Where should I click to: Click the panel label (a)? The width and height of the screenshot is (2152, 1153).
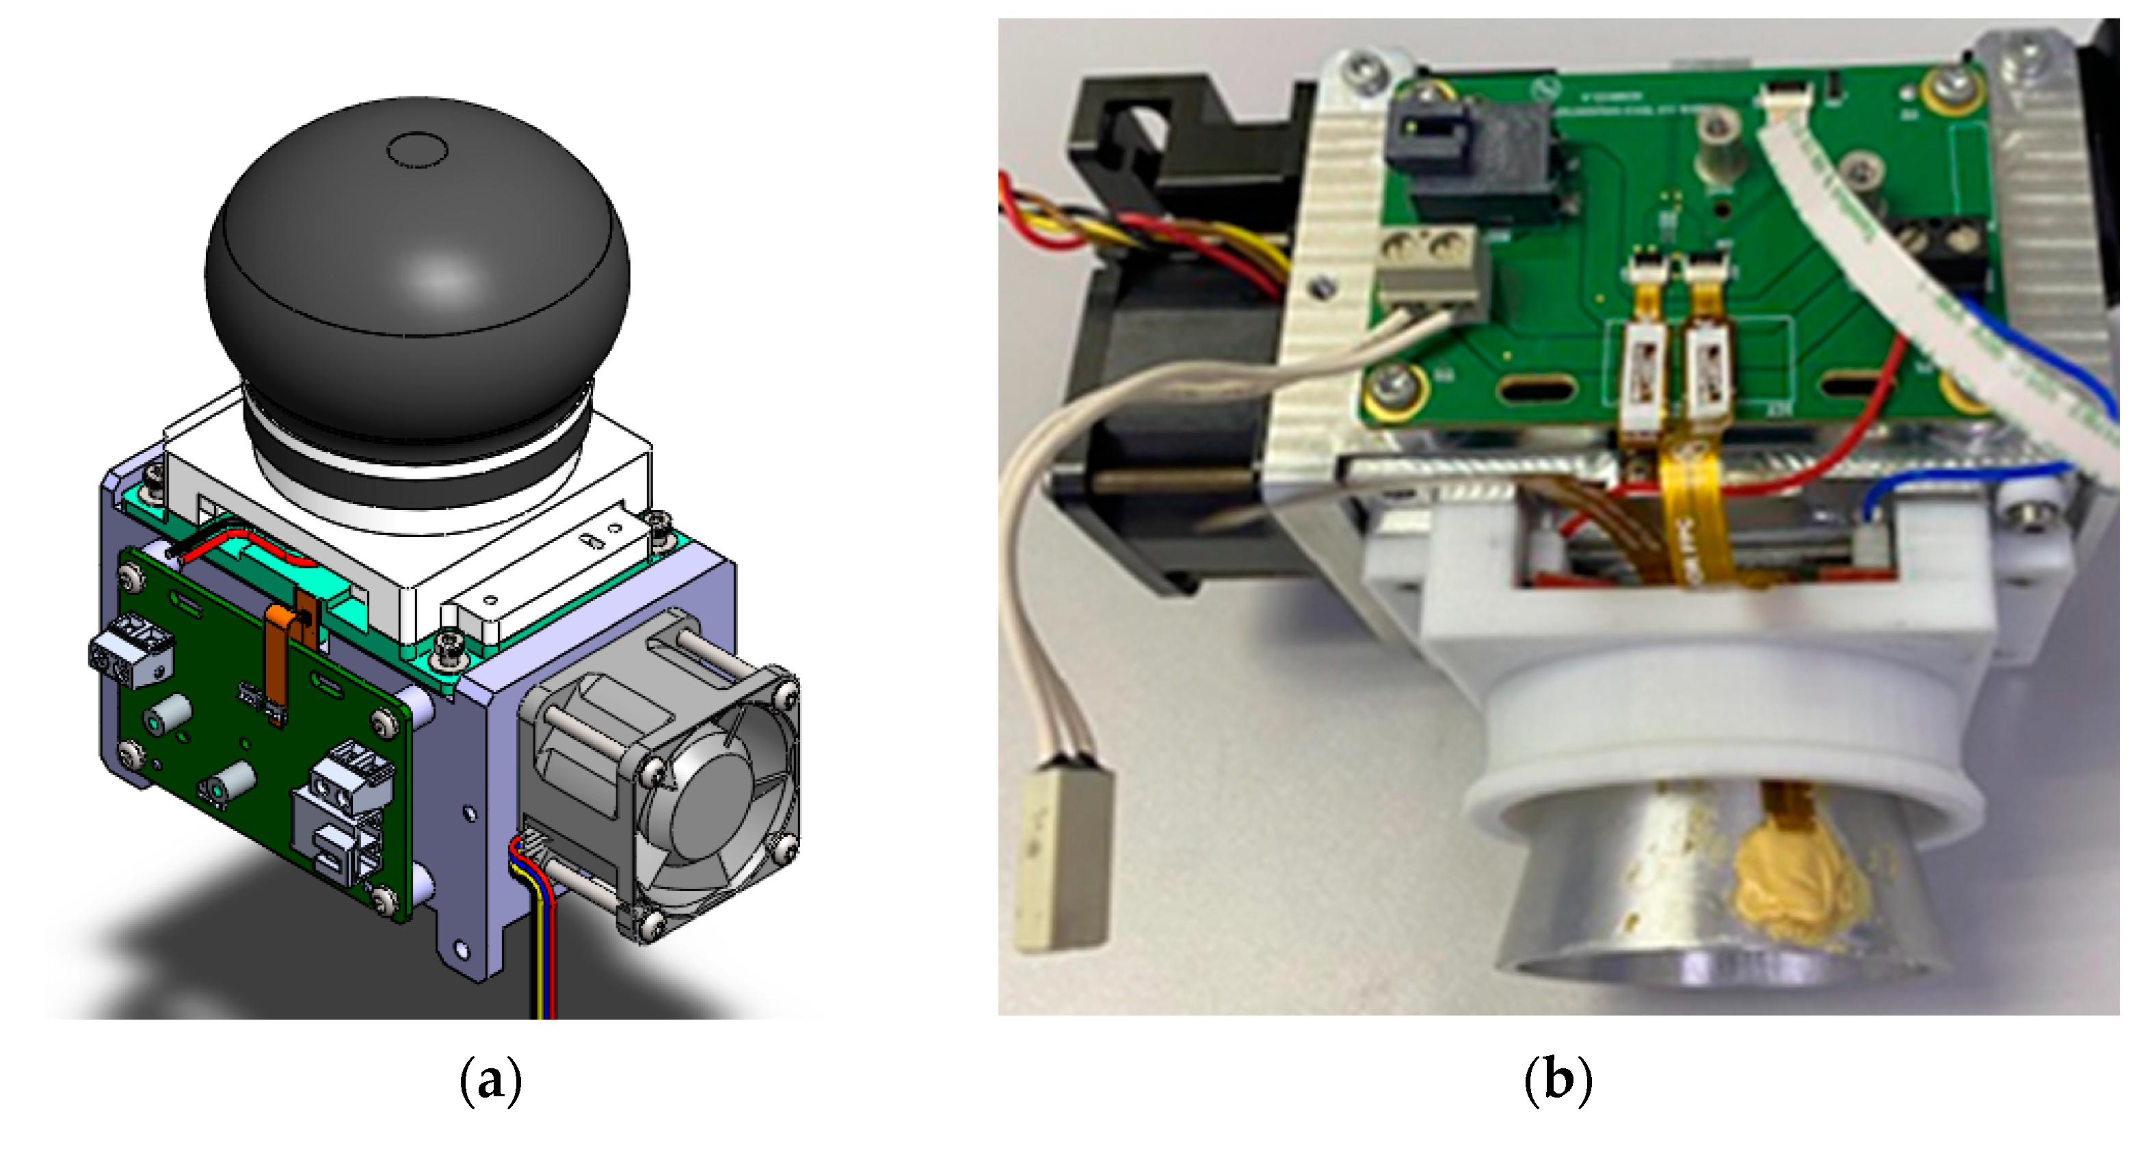(x=490, y=1081)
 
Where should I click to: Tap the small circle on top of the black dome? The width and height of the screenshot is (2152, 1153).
(x=418, y=150)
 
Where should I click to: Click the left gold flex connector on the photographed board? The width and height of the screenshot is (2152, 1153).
(x=1644, y=368)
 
